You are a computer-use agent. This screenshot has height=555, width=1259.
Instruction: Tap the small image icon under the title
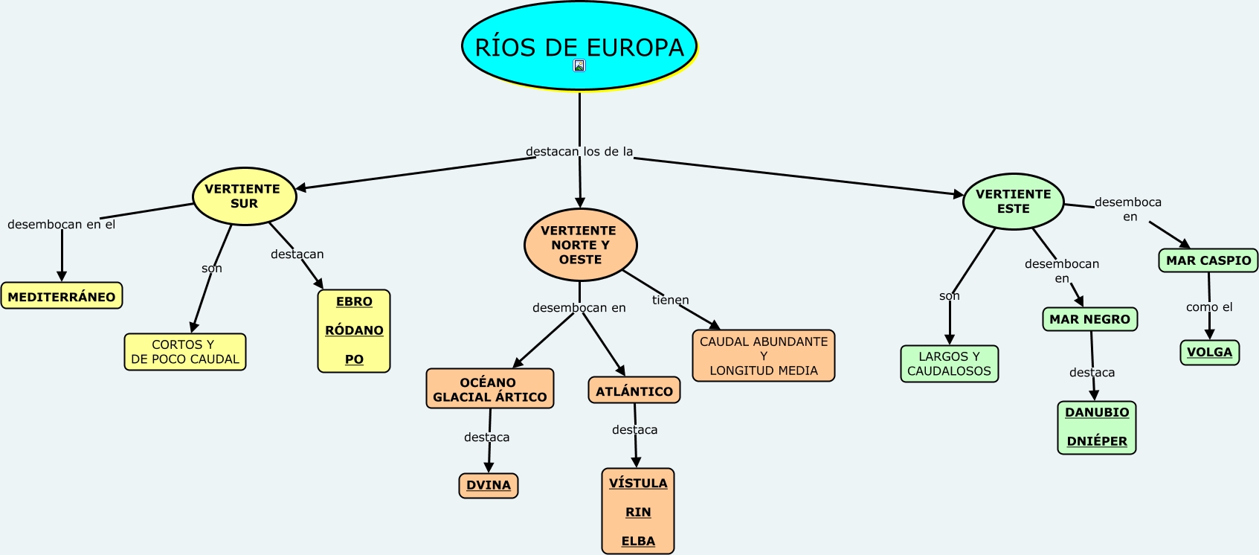click(579, 65)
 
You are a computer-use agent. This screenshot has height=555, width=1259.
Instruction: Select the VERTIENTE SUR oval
click(244, 196)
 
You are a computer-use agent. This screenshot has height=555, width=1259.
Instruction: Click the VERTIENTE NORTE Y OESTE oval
click(580, 245)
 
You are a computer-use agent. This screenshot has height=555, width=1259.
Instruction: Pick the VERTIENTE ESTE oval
click(1013, 202)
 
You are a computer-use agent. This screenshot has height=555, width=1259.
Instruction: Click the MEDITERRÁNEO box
click(62, 296)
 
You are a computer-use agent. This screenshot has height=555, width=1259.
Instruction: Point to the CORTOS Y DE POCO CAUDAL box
click(185, 352)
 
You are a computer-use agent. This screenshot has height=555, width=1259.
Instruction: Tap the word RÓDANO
click(354, 330)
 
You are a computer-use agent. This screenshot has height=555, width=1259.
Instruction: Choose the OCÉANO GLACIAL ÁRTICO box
click(489, 389)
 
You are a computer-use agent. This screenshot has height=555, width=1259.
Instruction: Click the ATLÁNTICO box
click(634, 391)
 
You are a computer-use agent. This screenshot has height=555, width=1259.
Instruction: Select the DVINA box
click(489, 485)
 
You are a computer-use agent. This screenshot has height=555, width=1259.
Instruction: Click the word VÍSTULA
click(638, 484)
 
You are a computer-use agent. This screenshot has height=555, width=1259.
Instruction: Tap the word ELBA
click(638, 541)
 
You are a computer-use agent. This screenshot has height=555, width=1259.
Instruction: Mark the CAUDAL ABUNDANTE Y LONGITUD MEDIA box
click(764, 356)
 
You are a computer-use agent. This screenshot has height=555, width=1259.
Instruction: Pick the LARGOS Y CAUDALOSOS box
click(949, 364)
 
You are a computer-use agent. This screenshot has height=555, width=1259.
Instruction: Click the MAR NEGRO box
click(1089, 319)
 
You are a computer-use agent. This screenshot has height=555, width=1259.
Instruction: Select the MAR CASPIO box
click(1208, 260)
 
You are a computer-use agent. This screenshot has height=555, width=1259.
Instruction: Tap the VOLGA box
click(1209, 352)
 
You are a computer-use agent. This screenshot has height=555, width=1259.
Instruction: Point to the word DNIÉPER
click(1097, 441)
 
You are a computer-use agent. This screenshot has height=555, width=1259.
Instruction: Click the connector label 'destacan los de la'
click(579, 152)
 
